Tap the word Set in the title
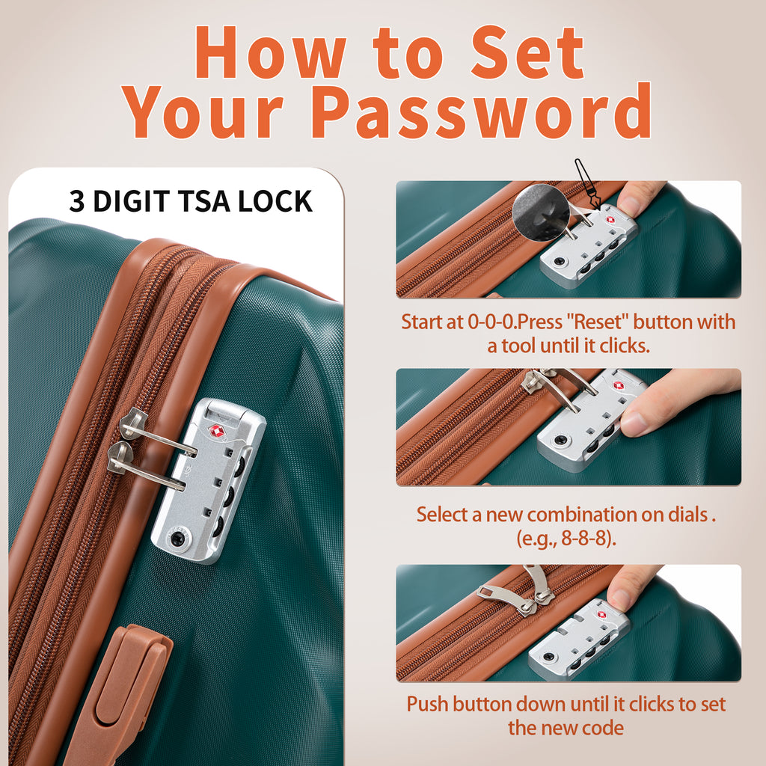(527, 52)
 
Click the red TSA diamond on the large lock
(215, 431)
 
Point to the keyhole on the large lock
(177, 539)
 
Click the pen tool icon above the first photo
(588, 185)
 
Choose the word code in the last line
(603, 728)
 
